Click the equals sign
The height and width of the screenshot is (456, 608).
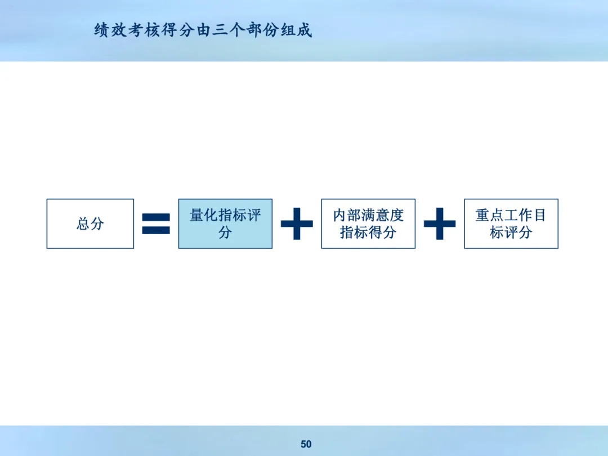point(156,223)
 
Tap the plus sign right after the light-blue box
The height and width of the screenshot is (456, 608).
point(297,223)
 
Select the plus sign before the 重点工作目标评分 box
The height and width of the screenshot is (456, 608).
point(440,223)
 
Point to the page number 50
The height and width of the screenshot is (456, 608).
point(306,444)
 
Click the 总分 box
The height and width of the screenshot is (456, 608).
point(90,223)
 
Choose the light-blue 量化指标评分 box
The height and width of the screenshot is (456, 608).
point(225,223)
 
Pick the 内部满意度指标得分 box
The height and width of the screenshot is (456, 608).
point(368,223)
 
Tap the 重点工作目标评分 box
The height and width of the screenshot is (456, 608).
point(511,223)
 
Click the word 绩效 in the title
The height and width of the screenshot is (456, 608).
point(110,30)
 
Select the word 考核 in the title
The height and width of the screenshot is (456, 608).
point(144,30)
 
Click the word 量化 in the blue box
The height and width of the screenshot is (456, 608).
point(204,215)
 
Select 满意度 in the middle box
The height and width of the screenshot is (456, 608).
point(383,215)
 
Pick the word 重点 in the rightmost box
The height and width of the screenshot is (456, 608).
point(490,215)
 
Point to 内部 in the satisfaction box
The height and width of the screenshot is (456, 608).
point(347,215)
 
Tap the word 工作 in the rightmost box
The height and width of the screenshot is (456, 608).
point(518,215)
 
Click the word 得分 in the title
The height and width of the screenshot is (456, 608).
point(178,30)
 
